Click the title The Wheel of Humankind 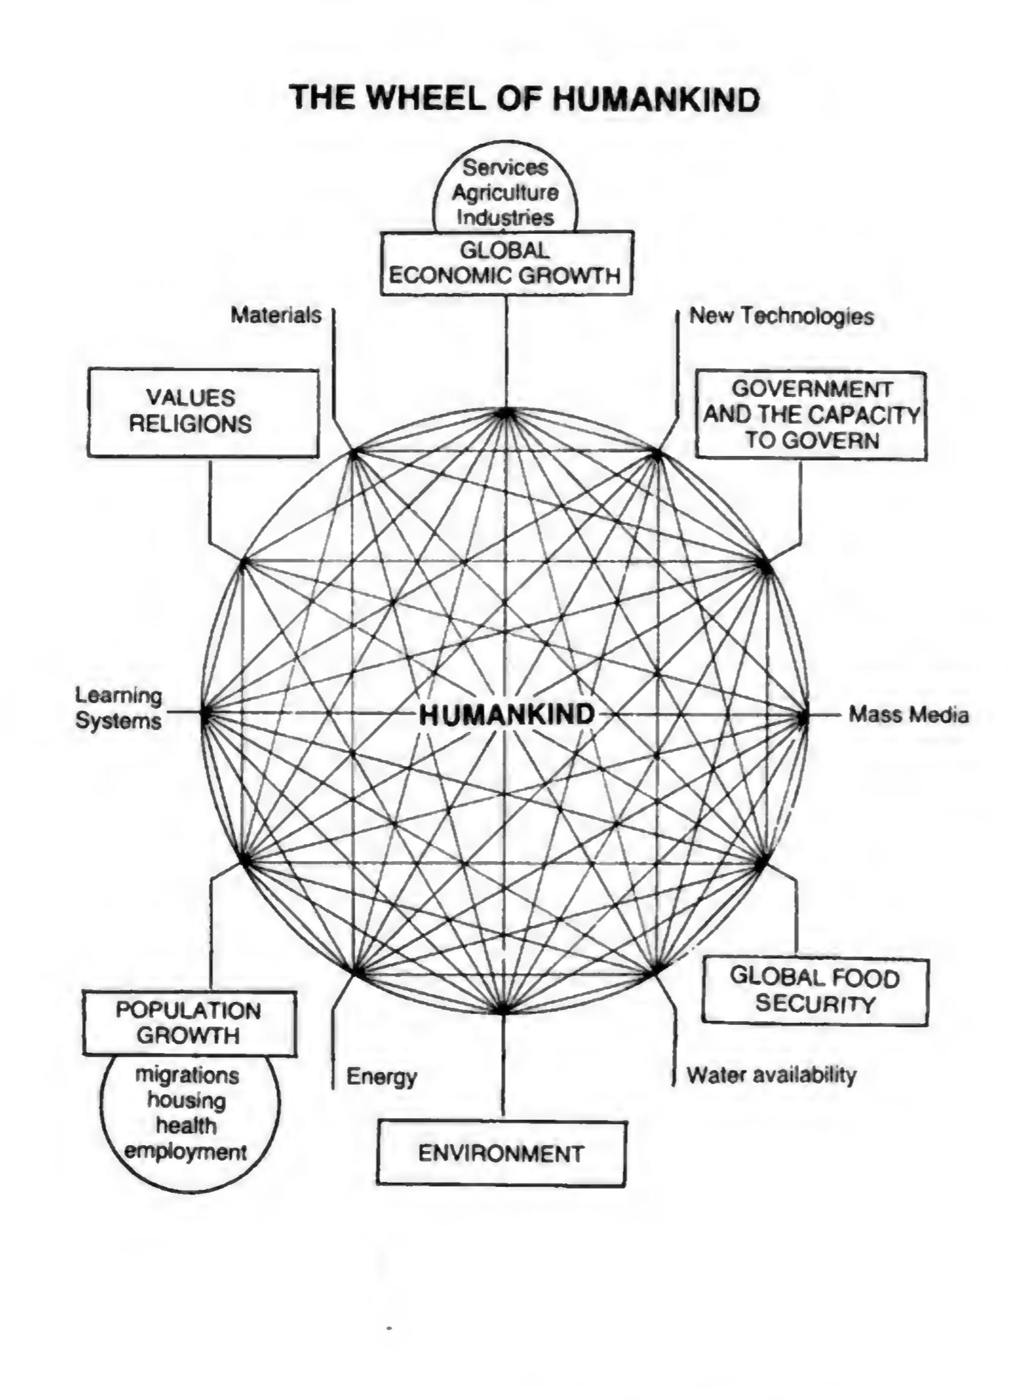click(525, 98)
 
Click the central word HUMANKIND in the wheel click(506, 714)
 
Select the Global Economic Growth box click(506, 263)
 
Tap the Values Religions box click(203, 413)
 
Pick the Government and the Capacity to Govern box click(811, 415)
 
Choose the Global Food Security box click(814, 992)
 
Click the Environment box click(501, 1153)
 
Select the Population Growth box click(189, 1023)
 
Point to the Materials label click(276, 315)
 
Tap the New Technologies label click(781, 316)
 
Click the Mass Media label click(907, 715)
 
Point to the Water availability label click(772, 1074)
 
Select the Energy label click(382, 1076)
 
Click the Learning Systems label click(118, 708)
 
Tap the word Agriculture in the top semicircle click(505, 193)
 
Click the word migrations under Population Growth click(187, 1074)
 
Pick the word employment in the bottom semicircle click(185, 1152)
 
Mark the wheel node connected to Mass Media click(803, 718)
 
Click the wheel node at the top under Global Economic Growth click(506, 413)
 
